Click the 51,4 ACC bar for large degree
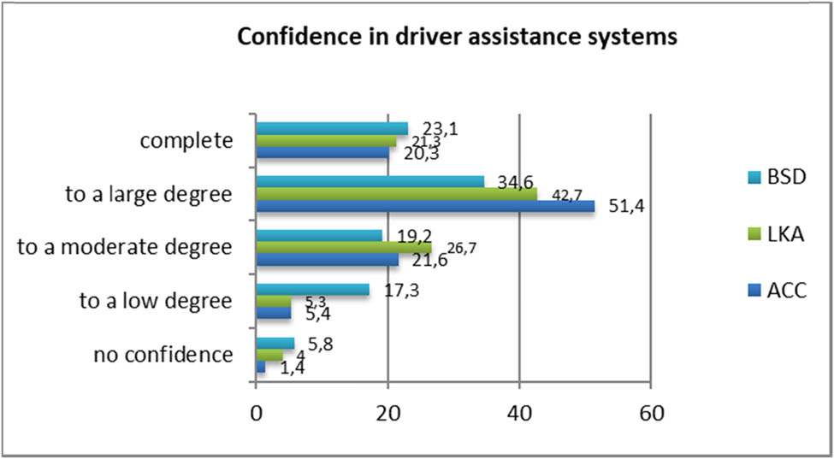(425, 207)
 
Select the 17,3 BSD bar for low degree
(312, 290)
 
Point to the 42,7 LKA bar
(396, 194)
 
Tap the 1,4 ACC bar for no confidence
(261, 367)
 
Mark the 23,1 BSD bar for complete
(332, 128)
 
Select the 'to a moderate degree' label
(125, 248)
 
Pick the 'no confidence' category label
(164, 354)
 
